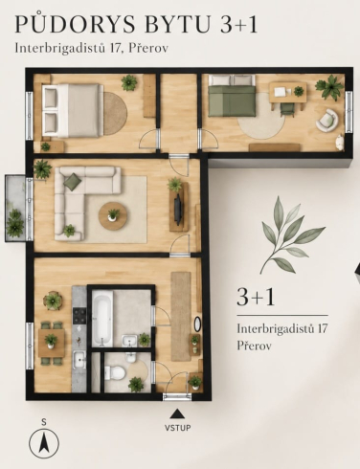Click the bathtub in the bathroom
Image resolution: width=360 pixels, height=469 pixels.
102,320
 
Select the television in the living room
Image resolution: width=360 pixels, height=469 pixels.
178,208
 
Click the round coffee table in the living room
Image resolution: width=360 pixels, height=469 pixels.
113,216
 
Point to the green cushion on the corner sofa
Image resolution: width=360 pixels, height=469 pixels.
73,181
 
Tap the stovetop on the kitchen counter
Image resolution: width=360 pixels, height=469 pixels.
79,315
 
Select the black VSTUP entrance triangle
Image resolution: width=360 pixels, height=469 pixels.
177,413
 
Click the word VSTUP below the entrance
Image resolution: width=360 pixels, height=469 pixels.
178,428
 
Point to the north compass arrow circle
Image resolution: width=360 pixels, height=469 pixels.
44,443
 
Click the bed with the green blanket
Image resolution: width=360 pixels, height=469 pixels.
232,96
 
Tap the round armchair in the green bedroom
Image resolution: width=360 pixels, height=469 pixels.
327,120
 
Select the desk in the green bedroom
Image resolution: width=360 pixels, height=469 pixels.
288,92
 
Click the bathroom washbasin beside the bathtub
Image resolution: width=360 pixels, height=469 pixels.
129,341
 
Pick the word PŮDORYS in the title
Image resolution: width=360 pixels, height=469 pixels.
76,24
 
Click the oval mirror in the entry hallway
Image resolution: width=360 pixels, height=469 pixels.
197,324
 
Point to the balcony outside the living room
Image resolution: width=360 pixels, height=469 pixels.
15,208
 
